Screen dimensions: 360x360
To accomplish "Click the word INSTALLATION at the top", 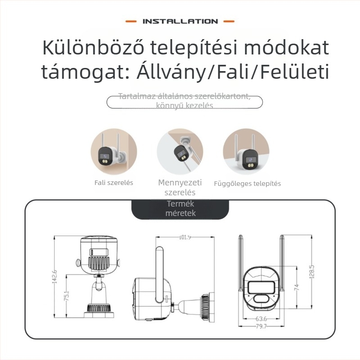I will (180, 21).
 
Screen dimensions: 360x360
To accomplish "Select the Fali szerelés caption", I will (114, 183).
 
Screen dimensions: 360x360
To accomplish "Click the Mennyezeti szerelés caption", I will (180, 187).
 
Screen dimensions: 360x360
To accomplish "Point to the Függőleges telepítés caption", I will (247, 184).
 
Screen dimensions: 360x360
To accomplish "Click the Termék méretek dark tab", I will (180, 208).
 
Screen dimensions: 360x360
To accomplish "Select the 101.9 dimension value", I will (185, 237).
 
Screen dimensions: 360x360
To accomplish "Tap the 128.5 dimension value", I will (311, 271).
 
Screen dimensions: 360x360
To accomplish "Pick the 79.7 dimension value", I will (261, 326).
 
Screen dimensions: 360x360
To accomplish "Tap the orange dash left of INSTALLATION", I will (130, 21).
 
